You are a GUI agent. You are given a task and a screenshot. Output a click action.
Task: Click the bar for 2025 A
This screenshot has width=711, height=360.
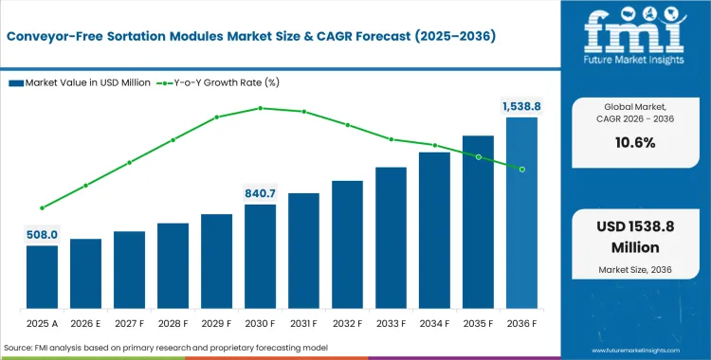coord(42,277)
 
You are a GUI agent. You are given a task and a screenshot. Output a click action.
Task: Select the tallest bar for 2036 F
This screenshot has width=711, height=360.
coord(521,213)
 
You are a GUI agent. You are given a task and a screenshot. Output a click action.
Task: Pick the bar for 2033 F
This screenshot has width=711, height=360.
coord(391,238)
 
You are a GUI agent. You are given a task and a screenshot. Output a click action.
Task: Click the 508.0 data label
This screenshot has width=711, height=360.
coord(42,235)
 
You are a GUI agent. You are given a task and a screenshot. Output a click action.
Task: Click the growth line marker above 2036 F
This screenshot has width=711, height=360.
coord(521,170)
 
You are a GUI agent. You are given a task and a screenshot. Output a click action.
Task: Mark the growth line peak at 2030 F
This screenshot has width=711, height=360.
coord(260,108)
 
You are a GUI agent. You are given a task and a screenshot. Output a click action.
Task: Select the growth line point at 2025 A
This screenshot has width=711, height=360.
coord(42,207)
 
